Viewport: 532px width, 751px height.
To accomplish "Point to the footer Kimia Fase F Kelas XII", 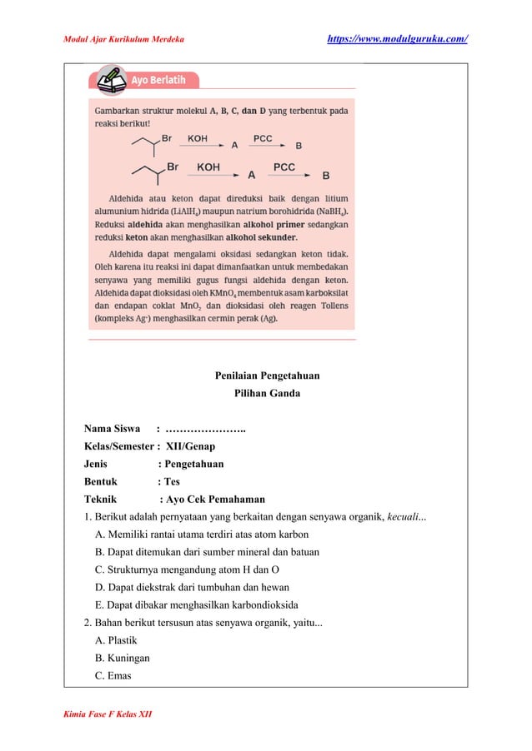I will [108, 714].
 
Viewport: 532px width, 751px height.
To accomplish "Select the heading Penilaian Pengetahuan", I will [267, 375].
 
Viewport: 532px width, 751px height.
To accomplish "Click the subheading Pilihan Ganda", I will [267, 393].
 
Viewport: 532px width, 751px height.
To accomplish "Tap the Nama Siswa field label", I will [112, 429].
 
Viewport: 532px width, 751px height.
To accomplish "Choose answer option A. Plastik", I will [117, 640].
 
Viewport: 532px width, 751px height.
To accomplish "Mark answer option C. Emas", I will [114, 675].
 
